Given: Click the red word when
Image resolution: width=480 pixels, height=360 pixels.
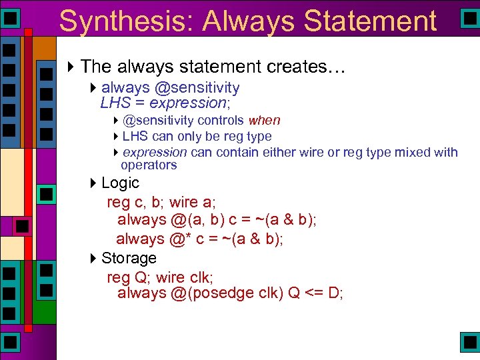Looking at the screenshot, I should [x=264, y=121].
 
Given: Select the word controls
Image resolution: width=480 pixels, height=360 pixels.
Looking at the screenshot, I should [x=221, y=121].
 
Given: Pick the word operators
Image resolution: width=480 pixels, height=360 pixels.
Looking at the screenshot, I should [x=149, y=165].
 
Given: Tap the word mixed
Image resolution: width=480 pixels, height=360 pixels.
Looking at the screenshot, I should [x=413, y=153].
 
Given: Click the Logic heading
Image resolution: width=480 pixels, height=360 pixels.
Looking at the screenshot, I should [x=120, y=183].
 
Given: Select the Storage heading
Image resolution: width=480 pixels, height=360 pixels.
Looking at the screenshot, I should [x=129, y=258].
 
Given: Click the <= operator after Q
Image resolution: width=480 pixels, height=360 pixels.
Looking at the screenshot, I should [x=314, y=293].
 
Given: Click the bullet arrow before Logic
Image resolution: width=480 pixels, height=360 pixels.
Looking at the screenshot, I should [x=93, y=183].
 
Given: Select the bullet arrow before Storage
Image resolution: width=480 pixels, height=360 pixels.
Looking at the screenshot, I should [x=93, y=258].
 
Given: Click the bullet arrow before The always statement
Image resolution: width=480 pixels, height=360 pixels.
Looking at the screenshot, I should [x=72, y=67].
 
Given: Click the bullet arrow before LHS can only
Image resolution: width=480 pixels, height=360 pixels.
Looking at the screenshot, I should [x=116, y=137].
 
